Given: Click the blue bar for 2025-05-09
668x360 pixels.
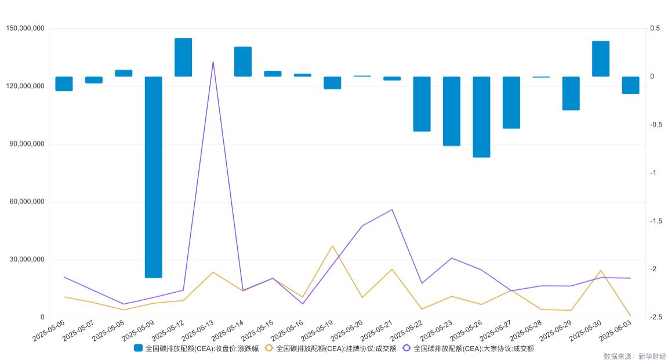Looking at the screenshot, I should coord(154,177).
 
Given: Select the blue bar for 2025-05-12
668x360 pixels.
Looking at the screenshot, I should coord(183,57).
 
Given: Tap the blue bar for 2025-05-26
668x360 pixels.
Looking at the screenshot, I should coord(481,117).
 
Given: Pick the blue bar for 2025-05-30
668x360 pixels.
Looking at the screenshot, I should coord(601,59).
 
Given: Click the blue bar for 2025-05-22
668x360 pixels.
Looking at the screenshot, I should coord(422,104).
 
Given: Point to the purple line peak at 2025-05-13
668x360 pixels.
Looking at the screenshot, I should coord(213,61).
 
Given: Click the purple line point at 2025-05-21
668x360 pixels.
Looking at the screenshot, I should coord(392,209).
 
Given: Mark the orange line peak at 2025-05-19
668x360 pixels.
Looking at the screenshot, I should coord(332,246).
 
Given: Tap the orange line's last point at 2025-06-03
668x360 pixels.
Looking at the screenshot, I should coord(630,316).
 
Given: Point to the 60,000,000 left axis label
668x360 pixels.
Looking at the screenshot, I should coord(26,202).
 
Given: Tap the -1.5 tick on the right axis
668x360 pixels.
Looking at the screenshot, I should coord(656,221).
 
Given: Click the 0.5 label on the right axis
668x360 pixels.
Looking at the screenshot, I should coord(655,28).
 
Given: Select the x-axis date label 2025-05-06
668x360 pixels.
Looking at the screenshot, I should coord(49,330).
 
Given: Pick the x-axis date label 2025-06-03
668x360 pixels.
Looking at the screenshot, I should coord(615,330).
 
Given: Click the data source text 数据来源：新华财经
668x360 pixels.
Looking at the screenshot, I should coord(634,356).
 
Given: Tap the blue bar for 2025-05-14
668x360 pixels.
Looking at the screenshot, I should coord(243,61).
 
